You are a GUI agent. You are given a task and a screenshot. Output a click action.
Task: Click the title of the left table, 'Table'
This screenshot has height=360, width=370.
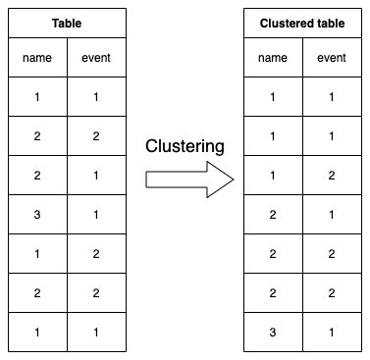click(x=67, y=22)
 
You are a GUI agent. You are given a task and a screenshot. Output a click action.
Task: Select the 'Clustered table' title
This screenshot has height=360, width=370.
click(x=301, y=22)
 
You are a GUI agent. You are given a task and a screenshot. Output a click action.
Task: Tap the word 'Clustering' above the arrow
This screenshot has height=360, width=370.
click(x=185, y=147)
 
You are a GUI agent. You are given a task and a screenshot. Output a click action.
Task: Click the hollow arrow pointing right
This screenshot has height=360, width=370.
click(x=190, y=180)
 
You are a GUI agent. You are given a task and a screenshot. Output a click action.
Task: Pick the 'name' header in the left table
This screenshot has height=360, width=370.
click(x=37, y=58)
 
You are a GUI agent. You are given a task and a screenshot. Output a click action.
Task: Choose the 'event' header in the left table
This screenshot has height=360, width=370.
click(x=96, y=58)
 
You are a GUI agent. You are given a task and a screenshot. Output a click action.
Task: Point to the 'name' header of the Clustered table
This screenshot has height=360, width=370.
click(x=272, y=58)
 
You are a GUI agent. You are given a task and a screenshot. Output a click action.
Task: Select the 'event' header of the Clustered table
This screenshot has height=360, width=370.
click(x=332, y=58)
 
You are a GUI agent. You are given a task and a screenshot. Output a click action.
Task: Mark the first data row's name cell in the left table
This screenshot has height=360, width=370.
click(x=37, y=98)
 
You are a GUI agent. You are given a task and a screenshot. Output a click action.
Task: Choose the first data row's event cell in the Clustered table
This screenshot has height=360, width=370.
click(x=332, y=98)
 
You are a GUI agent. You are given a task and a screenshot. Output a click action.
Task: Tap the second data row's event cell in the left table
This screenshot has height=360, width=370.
click(x=96, y=136)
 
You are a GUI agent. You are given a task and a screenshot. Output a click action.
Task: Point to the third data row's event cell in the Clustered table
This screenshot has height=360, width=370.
click(x=332, y=175)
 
